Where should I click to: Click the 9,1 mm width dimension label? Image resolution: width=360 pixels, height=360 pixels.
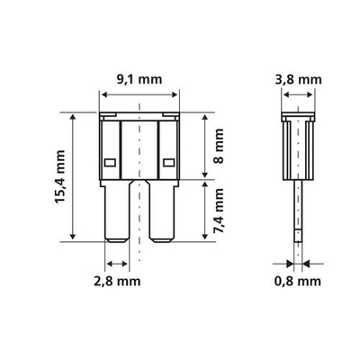click(139, 78)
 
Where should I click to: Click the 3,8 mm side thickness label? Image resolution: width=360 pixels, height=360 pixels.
click(296, 78)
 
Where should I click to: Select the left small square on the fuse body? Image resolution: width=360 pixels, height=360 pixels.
click(109, 163)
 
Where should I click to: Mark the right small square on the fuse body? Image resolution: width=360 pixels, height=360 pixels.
click(168, 163)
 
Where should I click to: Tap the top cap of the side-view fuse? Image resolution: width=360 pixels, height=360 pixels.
click(296, 117)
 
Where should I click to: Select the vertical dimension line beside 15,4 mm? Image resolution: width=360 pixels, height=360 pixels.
click(70, 177)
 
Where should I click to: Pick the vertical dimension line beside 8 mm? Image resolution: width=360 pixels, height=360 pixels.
click(206, 145)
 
